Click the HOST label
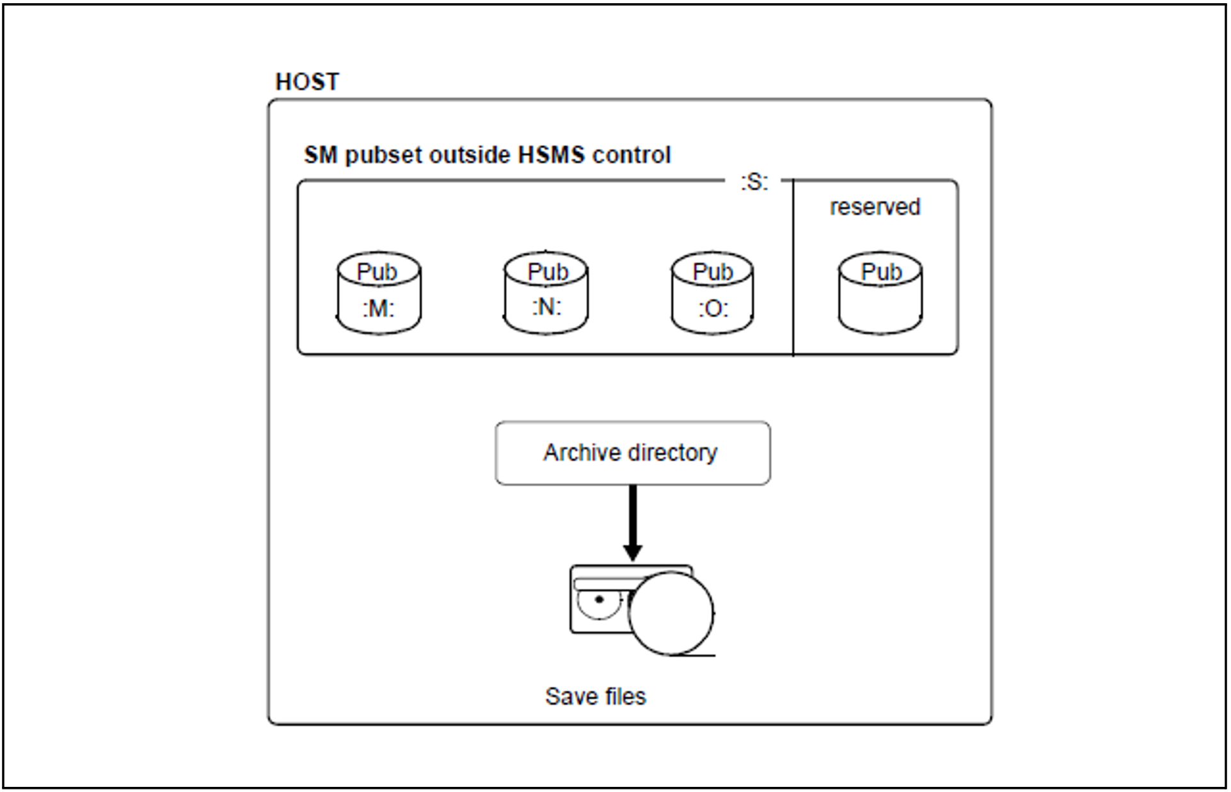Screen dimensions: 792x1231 [307, 82]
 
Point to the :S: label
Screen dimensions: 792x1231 [754, 182]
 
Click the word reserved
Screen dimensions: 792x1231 [875, 207]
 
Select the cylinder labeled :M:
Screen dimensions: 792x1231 [379, 293]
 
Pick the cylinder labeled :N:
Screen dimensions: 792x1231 [546, 293]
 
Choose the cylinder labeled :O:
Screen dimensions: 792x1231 [712, 293]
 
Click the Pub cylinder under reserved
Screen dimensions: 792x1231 [880, 293]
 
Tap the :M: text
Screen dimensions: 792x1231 [379, 309]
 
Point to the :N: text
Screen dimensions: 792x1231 [546, 307]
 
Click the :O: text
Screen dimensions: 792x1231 [713, 309]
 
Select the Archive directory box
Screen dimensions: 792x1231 [632, 453]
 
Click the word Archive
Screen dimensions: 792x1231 [582, 453]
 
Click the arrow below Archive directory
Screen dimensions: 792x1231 [633, 522]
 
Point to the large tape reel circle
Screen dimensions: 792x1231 [671, 613]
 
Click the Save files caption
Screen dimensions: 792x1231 [596, 697]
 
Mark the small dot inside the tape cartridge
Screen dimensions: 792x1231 [600, 600]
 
